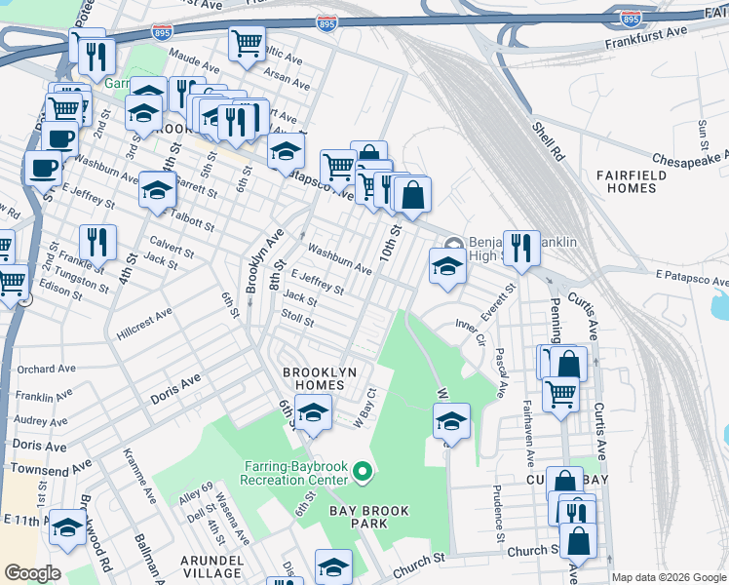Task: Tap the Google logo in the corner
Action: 32,573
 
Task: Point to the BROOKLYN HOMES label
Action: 314,379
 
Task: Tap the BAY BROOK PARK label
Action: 368,517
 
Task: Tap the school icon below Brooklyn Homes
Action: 313,413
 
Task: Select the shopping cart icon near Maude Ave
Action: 248,42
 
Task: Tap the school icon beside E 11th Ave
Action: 66,526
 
